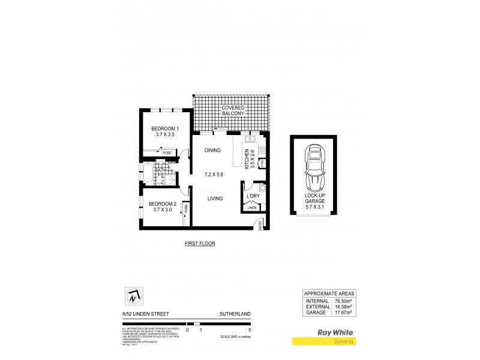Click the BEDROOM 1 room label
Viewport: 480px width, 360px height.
[x=165, y=129]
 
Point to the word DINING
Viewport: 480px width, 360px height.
[x=213, y=151]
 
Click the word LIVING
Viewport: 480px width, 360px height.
[x=216, y=198]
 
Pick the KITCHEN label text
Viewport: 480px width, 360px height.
[x=246, y=158]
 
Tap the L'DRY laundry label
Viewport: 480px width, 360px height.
[x=253, y=196]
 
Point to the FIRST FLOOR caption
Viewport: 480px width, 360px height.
[x=200, y=244]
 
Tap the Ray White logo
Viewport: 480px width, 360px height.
[x=334, y=331]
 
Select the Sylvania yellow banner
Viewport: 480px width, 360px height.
[x=325, y=342]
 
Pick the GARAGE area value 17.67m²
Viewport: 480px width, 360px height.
[x=339, y=313]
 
